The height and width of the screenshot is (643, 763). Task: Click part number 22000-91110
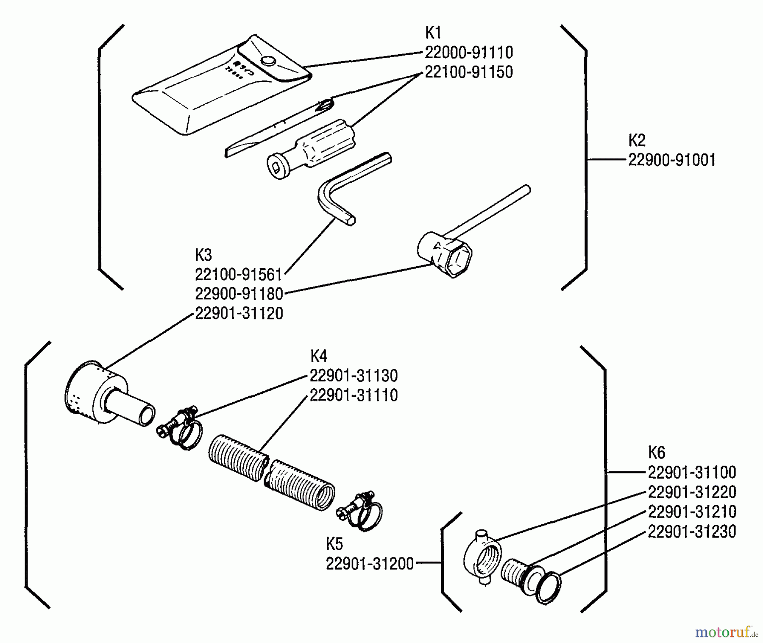(468, 53)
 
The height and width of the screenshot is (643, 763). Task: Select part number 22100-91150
(468, 72)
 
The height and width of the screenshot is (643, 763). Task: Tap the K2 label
(636, 140)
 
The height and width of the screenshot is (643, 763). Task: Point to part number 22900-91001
(671, 161)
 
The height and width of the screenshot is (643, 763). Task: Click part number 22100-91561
(238, 275)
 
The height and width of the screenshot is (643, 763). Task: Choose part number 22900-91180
(239, 294)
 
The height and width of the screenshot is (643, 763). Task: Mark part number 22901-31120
(239, 314)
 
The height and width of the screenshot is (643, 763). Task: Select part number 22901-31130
(354, 376)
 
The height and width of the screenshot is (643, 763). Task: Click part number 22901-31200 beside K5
(369, 564)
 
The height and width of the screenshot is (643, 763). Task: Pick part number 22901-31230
(692, 532)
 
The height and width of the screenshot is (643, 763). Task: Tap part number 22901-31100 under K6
(692, 473)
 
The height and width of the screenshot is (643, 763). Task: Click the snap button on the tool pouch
(268, 61)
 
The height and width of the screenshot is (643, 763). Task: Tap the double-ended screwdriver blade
(280, 127)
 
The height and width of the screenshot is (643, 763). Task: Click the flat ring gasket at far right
(549, 587)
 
